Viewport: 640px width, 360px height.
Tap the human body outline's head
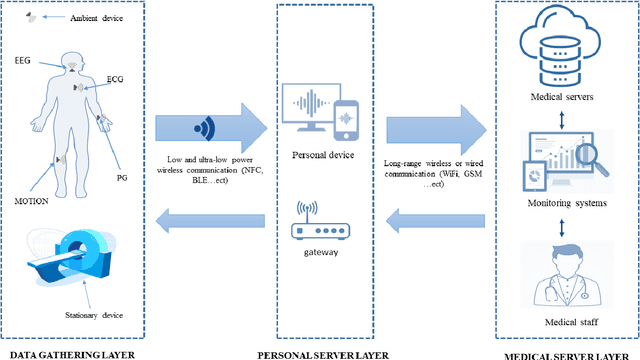pyautogui.click(x=71, y=64)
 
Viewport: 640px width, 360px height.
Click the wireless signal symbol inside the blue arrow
pyautogui.click(x=204, y=128)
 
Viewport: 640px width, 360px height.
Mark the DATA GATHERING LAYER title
pyautogui.click(x=67, y=354)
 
